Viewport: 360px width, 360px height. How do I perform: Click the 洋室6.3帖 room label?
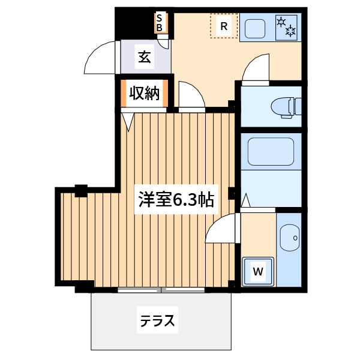[x=176, y=199]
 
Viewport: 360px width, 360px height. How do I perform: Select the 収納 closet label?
[x=144, y=94]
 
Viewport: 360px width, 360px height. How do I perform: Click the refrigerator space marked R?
[x=223, y=26]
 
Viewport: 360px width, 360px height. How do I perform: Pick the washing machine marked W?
[x=258, y=272]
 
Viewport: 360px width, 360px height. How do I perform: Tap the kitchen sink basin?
[x=257, y=28]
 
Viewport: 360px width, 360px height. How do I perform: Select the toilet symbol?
[x=285, y=106]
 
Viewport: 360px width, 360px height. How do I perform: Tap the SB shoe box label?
[x=160, y=23]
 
